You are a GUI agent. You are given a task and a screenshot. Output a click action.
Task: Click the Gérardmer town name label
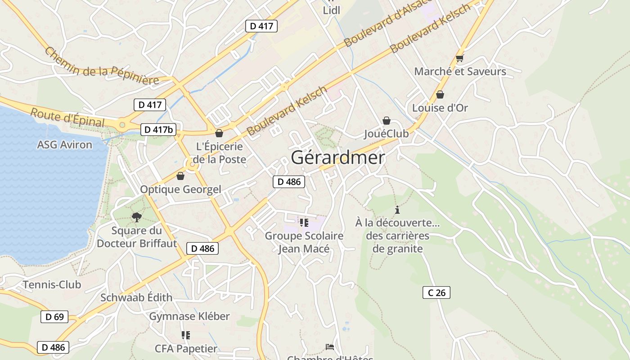(x=338, y=158)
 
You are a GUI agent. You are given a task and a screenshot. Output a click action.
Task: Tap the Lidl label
(x=331, y=10)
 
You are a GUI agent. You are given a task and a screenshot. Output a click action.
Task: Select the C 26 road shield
(x=436, y=292)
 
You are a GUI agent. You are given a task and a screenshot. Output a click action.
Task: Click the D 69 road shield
(x=54, y=317)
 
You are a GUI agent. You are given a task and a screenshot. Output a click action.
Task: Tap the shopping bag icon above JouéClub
(x=386, y=121)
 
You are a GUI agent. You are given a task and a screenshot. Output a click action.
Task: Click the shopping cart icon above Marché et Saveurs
(x=459, y=58)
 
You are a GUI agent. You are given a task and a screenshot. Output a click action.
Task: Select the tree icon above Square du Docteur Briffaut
(x=136, y=218)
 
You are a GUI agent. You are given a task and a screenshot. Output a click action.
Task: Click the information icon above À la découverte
(x=397, y=210)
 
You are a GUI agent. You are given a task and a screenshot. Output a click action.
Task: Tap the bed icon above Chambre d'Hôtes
(x=330, y=346)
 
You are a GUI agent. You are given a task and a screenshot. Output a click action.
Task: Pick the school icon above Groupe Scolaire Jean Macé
(x=304, y=222)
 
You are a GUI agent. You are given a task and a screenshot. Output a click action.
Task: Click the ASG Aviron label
(x=64, y=145)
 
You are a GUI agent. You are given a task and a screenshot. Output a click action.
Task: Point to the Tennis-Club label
(x=52, y=284)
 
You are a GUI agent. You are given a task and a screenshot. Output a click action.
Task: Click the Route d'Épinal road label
(x=67, y=117)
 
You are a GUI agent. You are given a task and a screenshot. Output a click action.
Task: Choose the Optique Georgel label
(x=180, y=189)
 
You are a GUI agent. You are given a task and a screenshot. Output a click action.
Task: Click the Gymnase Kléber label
(x=189, y=316)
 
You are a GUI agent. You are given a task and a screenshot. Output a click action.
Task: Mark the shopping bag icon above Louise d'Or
(x=440, y=94)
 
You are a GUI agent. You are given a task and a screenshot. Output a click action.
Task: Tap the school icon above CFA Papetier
(x=186, y=335)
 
